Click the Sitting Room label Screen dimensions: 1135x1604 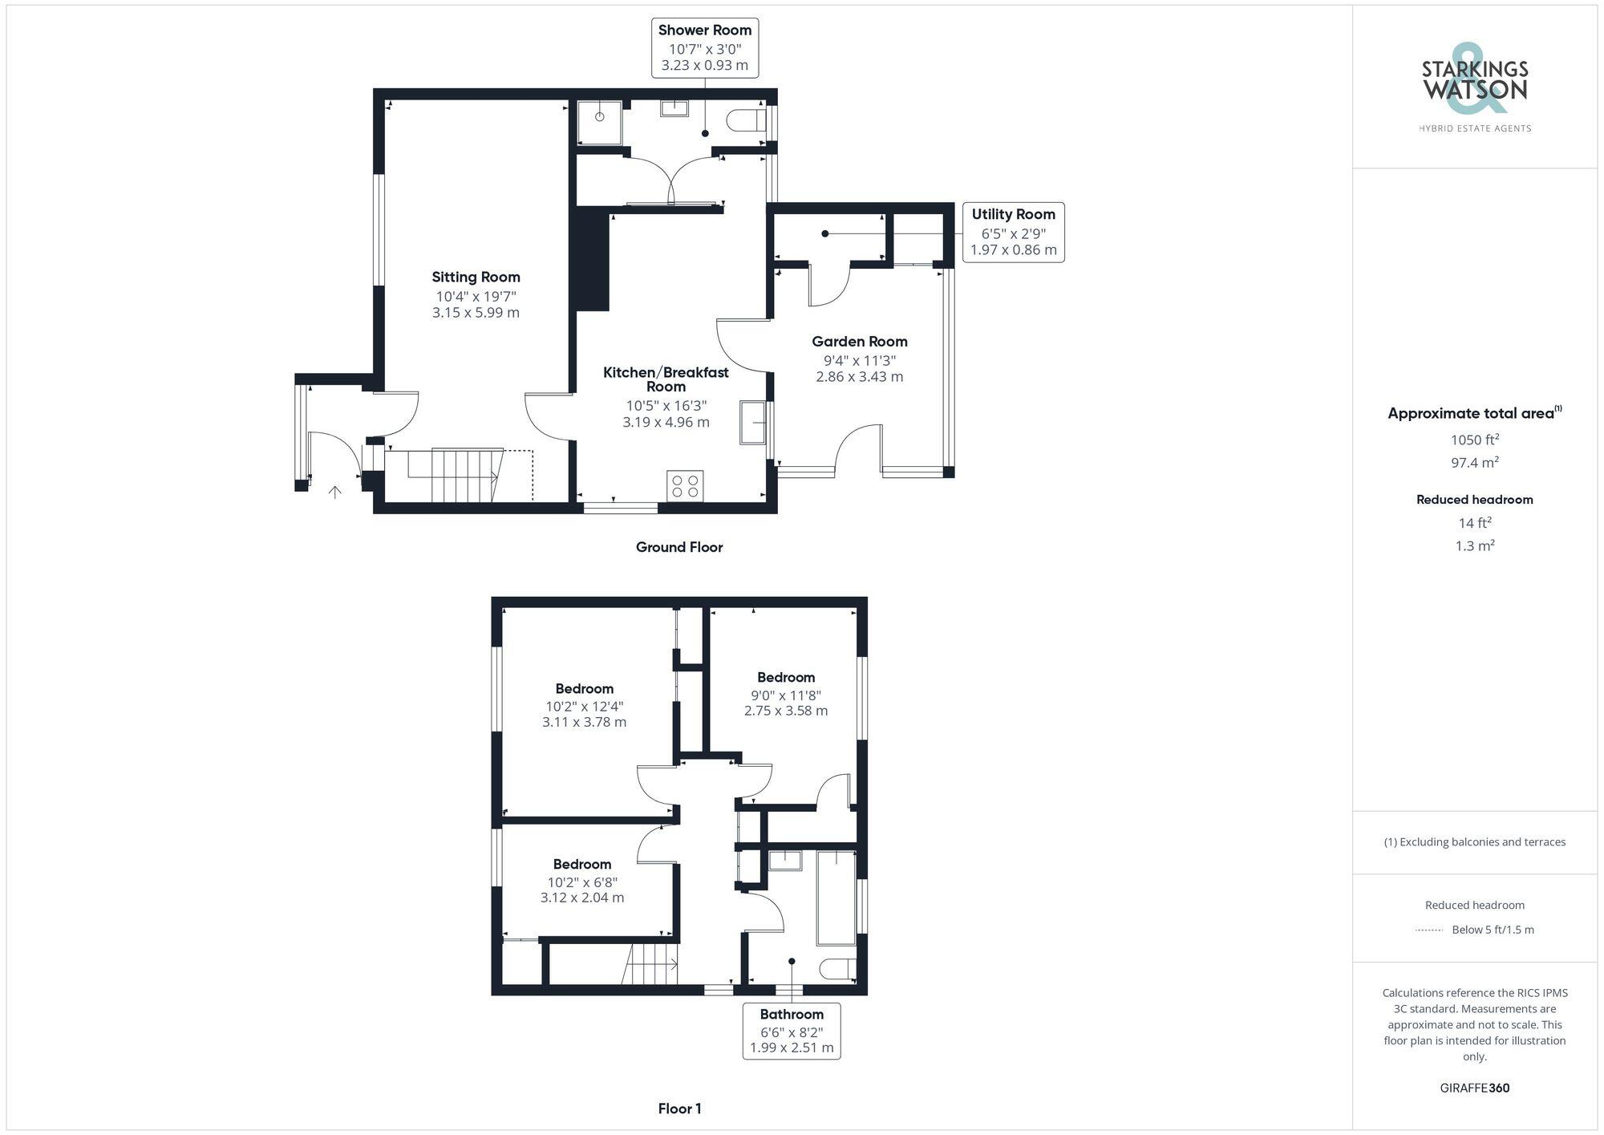pyautogui.click(x=476, y=278)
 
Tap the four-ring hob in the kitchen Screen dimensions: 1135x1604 pyautogui.click(x=685, y=486)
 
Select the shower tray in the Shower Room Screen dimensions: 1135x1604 pyautogui.click(x=600, y=122)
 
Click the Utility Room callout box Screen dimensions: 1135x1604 pyautogui.click(x=1013, y=232)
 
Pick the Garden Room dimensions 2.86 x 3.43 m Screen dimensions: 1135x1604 pyautogui.click(x=859, y=377)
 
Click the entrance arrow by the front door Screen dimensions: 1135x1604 pyautogui.click(x=335, y=492)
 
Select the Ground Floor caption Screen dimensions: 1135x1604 pyautogui.click(x=679, y=547)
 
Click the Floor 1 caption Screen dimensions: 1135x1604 pyautogui.click(x=679, y=1109)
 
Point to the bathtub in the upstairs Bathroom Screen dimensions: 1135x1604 pyautogui.click(x=836, y=898)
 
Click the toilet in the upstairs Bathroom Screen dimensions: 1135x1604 pyautogui.click(x=838, y=969)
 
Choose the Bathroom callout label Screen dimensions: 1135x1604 pyautogui.click(x=792, y=1030)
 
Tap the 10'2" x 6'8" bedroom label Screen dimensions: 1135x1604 pyautogui.click(x=582, y=881)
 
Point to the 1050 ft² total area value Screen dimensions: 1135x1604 pyautogui.click(x=1475, y=440)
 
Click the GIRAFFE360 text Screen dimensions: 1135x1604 pyautogui.click(x=1474, y=1088)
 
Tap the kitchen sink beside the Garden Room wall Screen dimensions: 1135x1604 pyautogui.click(x=752, y=422)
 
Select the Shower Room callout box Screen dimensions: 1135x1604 pyautogui.click(x=704, y=47)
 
